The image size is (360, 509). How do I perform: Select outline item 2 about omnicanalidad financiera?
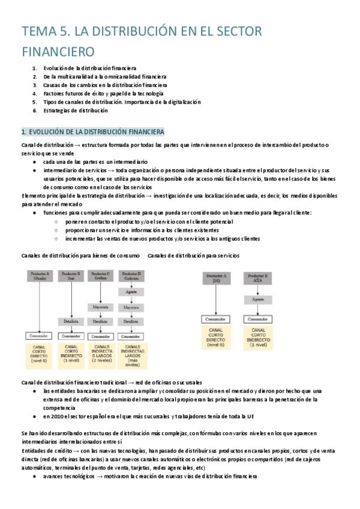click(104, 77)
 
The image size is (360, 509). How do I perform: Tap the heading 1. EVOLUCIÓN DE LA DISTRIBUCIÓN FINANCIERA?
click(92, 131)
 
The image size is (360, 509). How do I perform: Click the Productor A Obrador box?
click(40, 276)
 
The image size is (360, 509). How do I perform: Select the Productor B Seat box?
click(70, 276)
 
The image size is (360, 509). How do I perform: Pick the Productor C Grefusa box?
click(100, 276)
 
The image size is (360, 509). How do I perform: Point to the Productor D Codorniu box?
click(130, 276)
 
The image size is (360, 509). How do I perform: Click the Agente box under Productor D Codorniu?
click(130, 291)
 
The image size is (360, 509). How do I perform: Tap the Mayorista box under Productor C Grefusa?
click(100, 307)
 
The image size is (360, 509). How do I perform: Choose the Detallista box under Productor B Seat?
click(70, 321)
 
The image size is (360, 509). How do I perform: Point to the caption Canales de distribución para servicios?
click(193, 256)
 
